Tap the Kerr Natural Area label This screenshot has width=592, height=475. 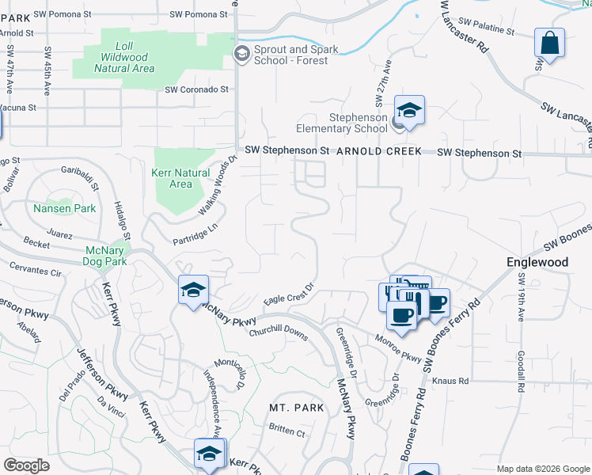coord(180,178)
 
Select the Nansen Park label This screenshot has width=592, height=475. coord(65,209)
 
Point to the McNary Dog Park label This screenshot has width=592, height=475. coord(105,256)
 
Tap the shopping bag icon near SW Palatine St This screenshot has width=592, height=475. coord(549,44)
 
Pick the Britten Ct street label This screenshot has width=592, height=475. coord(287,431)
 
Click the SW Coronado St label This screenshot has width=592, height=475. coord(196,90)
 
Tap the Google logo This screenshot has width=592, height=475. coord(27,465)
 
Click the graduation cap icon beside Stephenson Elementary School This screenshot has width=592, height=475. coord(409,110)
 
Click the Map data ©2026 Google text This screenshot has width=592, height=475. coord(543,469)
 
